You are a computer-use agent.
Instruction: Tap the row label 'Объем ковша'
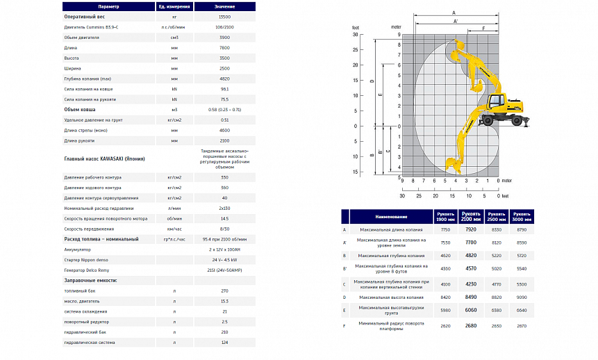tap(76, 109)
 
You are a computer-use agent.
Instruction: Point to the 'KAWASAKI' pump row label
tap(104, 158)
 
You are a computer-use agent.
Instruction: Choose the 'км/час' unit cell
tap(175, 228)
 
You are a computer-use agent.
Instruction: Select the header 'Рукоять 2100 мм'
tap(471, 215)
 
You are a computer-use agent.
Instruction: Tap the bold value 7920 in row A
tap(471, 229)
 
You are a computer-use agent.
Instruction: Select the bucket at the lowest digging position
tap(454, 165)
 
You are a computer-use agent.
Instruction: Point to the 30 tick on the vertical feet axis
tap(355, 33)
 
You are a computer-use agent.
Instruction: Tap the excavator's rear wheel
tap(517, 119)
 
